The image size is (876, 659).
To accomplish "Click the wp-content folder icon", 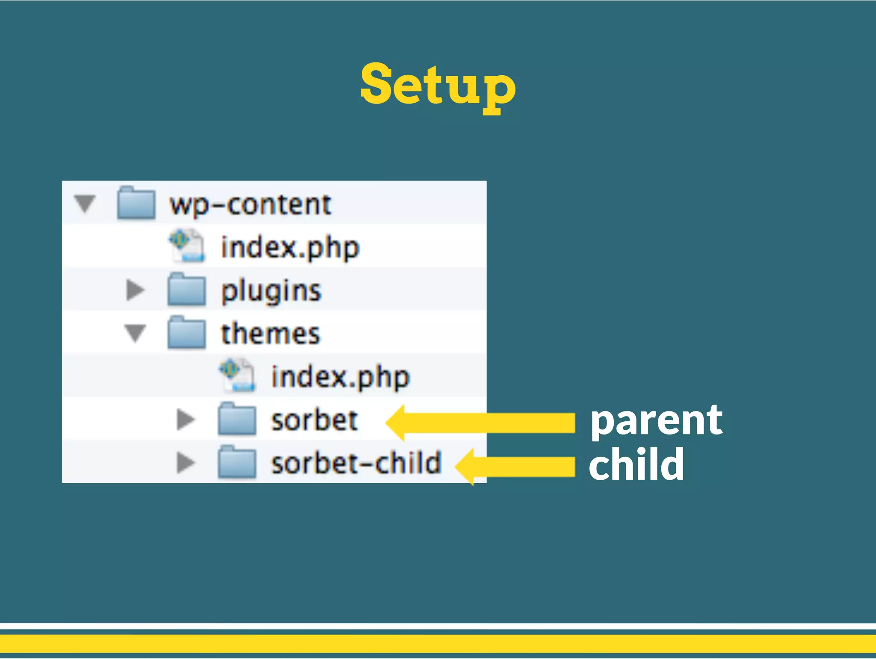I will (x=136, y=204).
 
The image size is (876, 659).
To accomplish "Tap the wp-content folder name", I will (x=250, y=205).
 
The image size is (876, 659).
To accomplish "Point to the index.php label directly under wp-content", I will (x=290, y=248).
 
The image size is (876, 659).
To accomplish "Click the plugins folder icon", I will (x=186, y=290).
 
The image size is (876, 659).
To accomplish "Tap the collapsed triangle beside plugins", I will (x=135, y=290).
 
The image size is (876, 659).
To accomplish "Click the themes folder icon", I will (x=186, y=333).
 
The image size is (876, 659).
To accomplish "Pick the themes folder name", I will (x=270, y=334).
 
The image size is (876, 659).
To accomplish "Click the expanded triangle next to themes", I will (x=135, y=333).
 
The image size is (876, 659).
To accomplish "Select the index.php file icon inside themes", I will (x=237, y=376).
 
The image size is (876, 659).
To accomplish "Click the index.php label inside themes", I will (x=340, y=377).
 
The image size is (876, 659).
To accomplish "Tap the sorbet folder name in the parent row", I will (x=314, y=420).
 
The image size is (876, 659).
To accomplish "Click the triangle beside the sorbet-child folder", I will (x=186, y=463).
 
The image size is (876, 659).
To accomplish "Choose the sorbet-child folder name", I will (x=356, y=463).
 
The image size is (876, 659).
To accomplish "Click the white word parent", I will (x=656, y=422).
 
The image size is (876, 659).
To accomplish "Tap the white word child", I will (x=636, y=464).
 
